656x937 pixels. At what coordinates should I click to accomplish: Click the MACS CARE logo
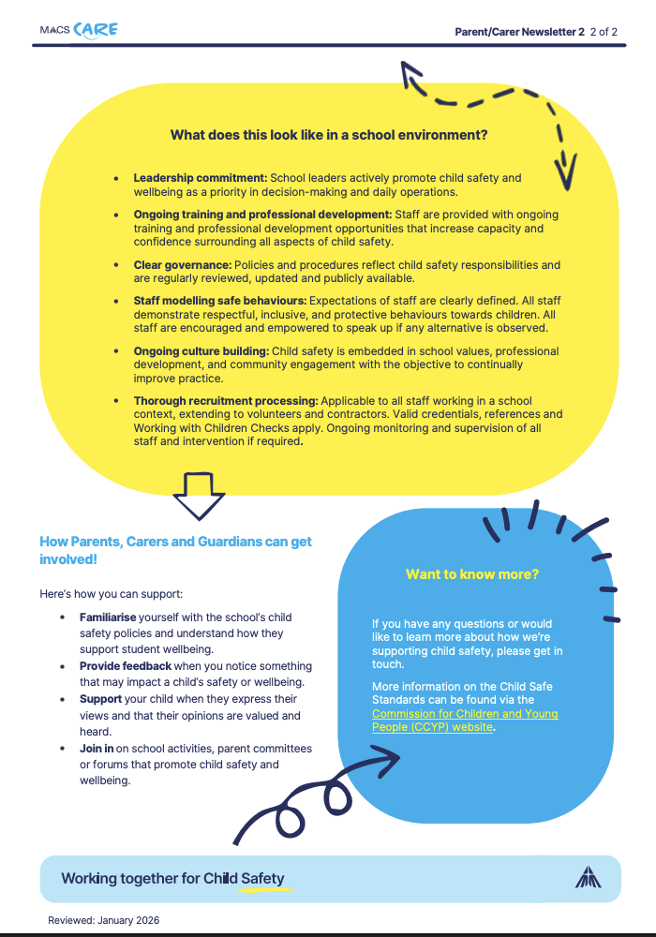click(x=79, y=30)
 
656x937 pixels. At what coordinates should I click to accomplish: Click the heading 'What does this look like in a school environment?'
click(x=328, y=135)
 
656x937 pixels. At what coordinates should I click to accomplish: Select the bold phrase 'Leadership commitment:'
click(x=201, y=178)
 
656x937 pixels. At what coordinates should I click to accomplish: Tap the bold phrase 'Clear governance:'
click(x=183, y=265)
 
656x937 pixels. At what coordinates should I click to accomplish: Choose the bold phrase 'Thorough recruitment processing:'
click(x=226, y=401)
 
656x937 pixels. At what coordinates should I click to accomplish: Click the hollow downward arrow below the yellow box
click(x=200, y=495)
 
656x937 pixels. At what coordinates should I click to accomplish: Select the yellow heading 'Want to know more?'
click(x=472, y=574)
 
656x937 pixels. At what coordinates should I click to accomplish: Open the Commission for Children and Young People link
click(x=465, y=720)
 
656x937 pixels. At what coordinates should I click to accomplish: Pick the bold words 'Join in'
click(x=97, y=749)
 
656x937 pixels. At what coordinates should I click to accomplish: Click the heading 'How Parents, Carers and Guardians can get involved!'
click(x=176, y=550)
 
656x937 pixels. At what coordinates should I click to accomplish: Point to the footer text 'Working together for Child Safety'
click(x=172, y=879)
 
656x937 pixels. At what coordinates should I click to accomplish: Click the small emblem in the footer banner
click(x=588, y=877)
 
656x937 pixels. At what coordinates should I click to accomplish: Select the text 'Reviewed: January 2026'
click(x=103, y=920)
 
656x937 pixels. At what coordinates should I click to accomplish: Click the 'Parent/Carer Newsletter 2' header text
click(x=519, y=31)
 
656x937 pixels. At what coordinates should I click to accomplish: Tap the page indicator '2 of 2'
click(x=604, y=31)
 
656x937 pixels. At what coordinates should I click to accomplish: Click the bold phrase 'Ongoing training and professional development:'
click(x=262, y=215)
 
